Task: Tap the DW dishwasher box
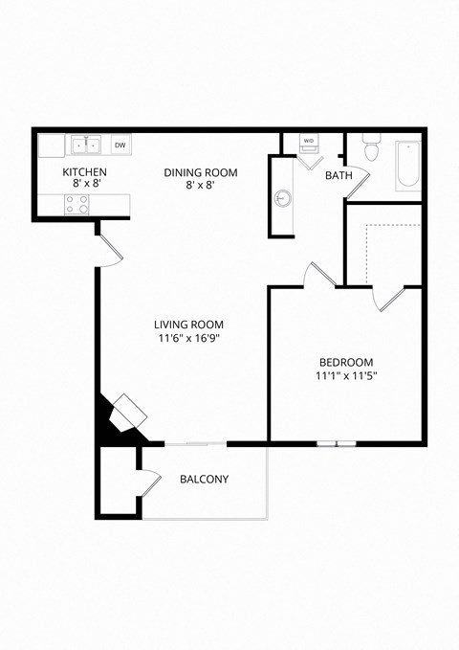pos(120,146)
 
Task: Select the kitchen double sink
pos(85,146)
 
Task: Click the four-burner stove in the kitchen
pos(76,204)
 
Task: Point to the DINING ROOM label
pos(200,172)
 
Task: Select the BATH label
pos(339,176)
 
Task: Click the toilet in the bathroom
pos(373,149)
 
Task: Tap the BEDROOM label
pos(346,362)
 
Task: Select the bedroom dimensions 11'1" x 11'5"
pos(346,376)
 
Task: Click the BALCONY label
pos(205,480)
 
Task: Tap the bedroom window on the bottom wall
pos(337,443)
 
